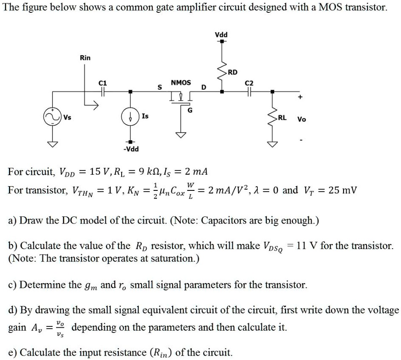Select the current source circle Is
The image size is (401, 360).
click(x=131, y=117)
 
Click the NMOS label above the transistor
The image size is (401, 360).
click(x=181, y=82)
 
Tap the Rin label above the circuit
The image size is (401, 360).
click(x=85, y=57)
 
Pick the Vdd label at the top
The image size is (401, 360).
click(x=221, y=35)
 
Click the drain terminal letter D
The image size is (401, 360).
click(x=204, y=88)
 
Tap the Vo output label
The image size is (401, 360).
click(x=301, y=119)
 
